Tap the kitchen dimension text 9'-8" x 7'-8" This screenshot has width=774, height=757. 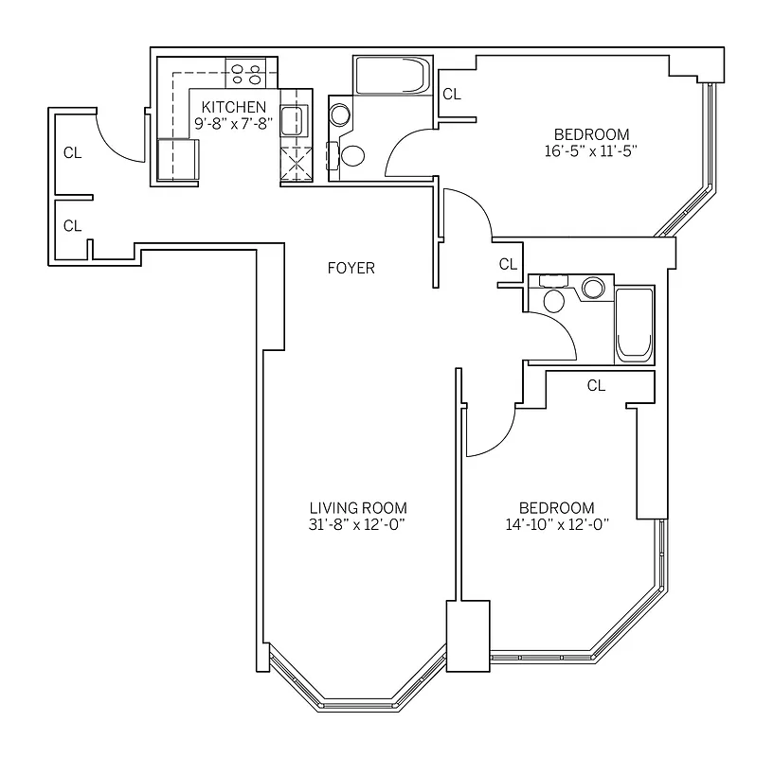(233, 122)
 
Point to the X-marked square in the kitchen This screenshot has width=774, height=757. (297, 164)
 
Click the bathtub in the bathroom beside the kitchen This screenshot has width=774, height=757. (391, 75)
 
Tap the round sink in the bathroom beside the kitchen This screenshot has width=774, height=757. (340, 114)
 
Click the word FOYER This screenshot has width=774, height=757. (351, 269)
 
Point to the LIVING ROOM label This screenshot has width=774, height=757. (358, 508)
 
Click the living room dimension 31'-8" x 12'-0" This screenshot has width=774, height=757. (358, 525)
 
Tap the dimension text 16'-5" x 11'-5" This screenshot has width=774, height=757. (591, 150)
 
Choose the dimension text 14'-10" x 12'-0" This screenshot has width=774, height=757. (556, 525)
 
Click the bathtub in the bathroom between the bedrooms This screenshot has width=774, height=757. (635, 325)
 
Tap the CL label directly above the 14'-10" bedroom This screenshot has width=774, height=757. (596, 385)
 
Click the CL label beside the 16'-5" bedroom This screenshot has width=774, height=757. (452, 94)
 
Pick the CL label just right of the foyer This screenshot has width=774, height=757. (509, 264)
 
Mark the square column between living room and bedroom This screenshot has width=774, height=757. (468, 636)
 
